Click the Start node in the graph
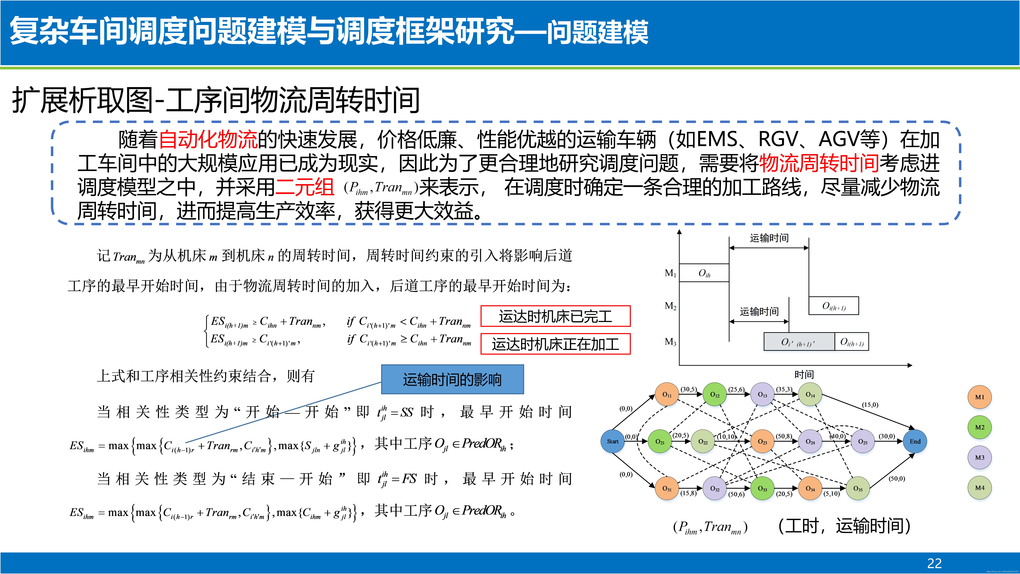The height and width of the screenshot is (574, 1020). (x=613, y=441)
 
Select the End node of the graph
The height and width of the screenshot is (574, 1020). (x=915, y=441)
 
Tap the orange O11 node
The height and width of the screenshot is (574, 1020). (x=667, y=395)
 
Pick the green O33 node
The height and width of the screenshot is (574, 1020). (x=762, y=488)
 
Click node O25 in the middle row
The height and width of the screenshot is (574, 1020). (x=863, y=441)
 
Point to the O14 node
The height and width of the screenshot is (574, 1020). (x=810, y=395)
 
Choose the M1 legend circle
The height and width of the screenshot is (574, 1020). (x=980, y=397)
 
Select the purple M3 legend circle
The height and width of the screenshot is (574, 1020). (x=980, y=458)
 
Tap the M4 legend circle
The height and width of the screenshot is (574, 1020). (x=980, y=488)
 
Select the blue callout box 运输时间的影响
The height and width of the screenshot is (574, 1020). (x=452, y=379)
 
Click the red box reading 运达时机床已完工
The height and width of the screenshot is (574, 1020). (x=555, y=316)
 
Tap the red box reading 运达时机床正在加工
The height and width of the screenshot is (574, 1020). (x=555, y=344)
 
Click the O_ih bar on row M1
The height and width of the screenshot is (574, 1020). (x=704, y=273)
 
